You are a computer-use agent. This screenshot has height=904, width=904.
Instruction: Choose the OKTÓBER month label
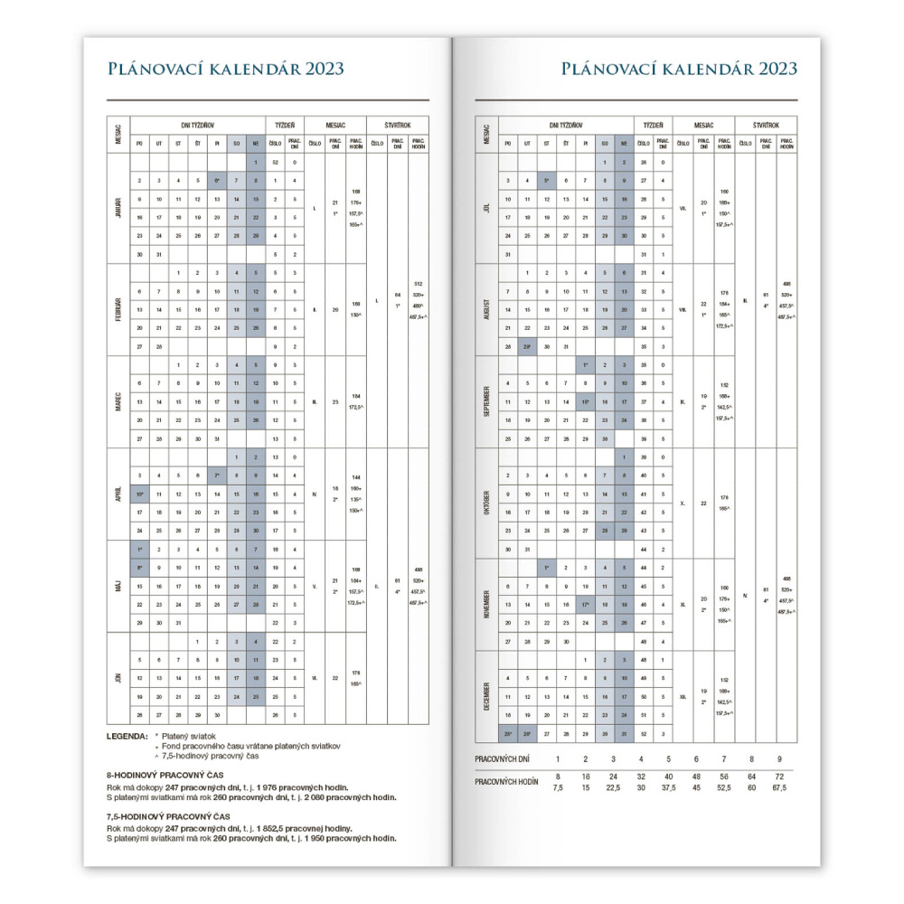click(488, 502)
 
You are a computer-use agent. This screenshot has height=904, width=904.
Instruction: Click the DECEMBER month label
click(488, 696)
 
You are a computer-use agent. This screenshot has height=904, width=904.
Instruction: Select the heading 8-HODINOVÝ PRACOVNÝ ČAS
click(165, 776)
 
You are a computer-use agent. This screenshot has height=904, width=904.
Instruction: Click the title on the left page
click(225, 69)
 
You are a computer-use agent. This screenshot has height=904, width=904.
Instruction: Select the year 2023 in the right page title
click(767, 69)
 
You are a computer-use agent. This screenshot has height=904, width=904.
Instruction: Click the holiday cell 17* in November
click(586, 604)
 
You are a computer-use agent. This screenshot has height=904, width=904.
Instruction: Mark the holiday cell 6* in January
click(217, 181)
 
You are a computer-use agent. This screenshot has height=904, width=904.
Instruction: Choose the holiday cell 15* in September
click(586, 401)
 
